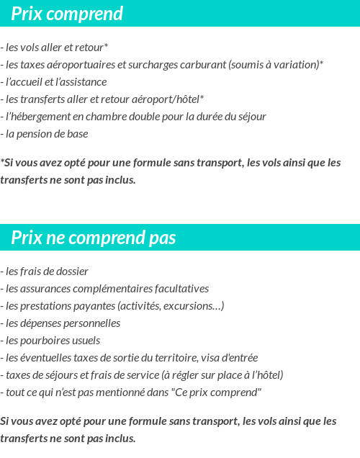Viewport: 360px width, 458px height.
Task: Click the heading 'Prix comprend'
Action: [67, 14]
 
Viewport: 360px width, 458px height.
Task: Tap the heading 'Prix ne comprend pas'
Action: [93, 238]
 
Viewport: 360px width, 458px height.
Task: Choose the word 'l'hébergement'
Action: [36, 117]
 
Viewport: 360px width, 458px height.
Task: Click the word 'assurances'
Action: [42, 289]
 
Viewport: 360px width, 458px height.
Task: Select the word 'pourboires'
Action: [42, 341]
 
